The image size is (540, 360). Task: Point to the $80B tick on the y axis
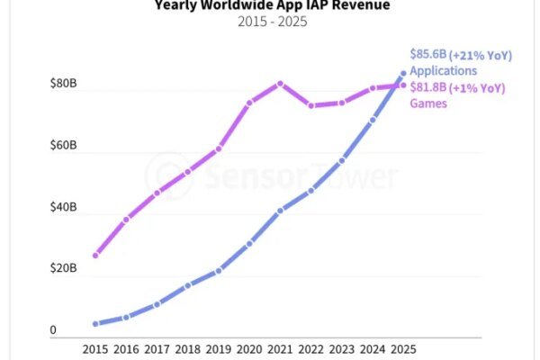65,85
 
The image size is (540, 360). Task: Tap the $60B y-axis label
65,146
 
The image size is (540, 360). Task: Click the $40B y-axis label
65,208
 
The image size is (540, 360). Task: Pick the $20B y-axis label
65,269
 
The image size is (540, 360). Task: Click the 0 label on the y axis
53,330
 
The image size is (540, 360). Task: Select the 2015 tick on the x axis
95,347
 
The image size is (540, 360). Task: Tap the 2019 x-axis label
218,347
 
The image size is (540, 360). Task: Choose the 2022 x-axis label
310,347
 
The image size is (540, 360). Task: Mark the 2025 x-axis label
402,347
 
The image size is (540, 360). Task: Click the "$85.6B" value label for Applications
430,55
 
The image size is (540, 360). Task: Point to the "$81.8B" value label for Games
430,88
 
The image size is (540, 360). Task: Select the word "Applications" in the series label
444,71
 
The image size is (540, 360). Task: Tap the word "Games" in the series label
429,103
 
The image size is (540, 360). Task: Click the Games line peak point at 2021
280,84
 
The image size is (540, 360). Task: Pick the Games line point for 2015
95,256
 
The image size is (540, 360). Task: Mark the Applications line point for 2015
95,323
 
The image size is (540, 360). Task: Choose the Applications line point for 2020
249,244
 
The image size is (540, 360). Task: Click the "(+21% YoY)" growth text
482,55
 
